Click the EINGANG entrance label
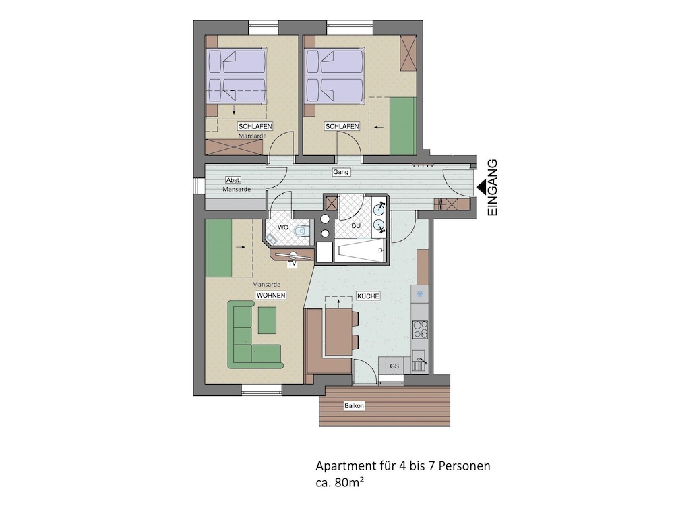pyautogui.click(x=492, y=187)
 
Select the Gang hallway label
pyautogui.click(x=340, y=172)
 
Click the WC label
pyautogui.click(x=283, y=227)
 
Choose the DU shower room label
pyautogui.click(x=356, y=225)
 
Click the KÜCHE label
pyautogui.click(x=368, y=296)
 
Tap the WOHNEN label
pyautogui.click(x=271, y=296)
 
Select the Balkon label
pyautogui.click(x=354, y=405)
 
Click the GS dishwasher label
pyautogui.click(x=394, y=366)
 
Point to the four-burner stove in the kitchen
pyautogui.click(x=420, y=330)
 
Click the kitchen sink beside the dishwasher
pyautogui.click(x=419, y=360)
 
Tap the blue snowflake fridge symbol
pyautogui.click(x=419, y=294)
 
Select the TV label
pyautogui.click(x=293, y=264)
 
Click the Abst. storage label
pyautogui.click(x=233, y=180)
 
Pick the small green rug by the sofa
pyautogui.click(x=267, y=320)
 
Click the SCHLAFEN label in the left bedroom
pyautogui.click(x=255, y=127)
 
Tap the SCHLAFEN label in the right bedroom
pyautogui.click(x=342, y=127)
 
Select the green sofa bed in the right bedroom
pyautogui.click(x=403, y=125)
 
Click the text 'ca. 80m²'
pyautogui.click(x=340, y=483)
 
